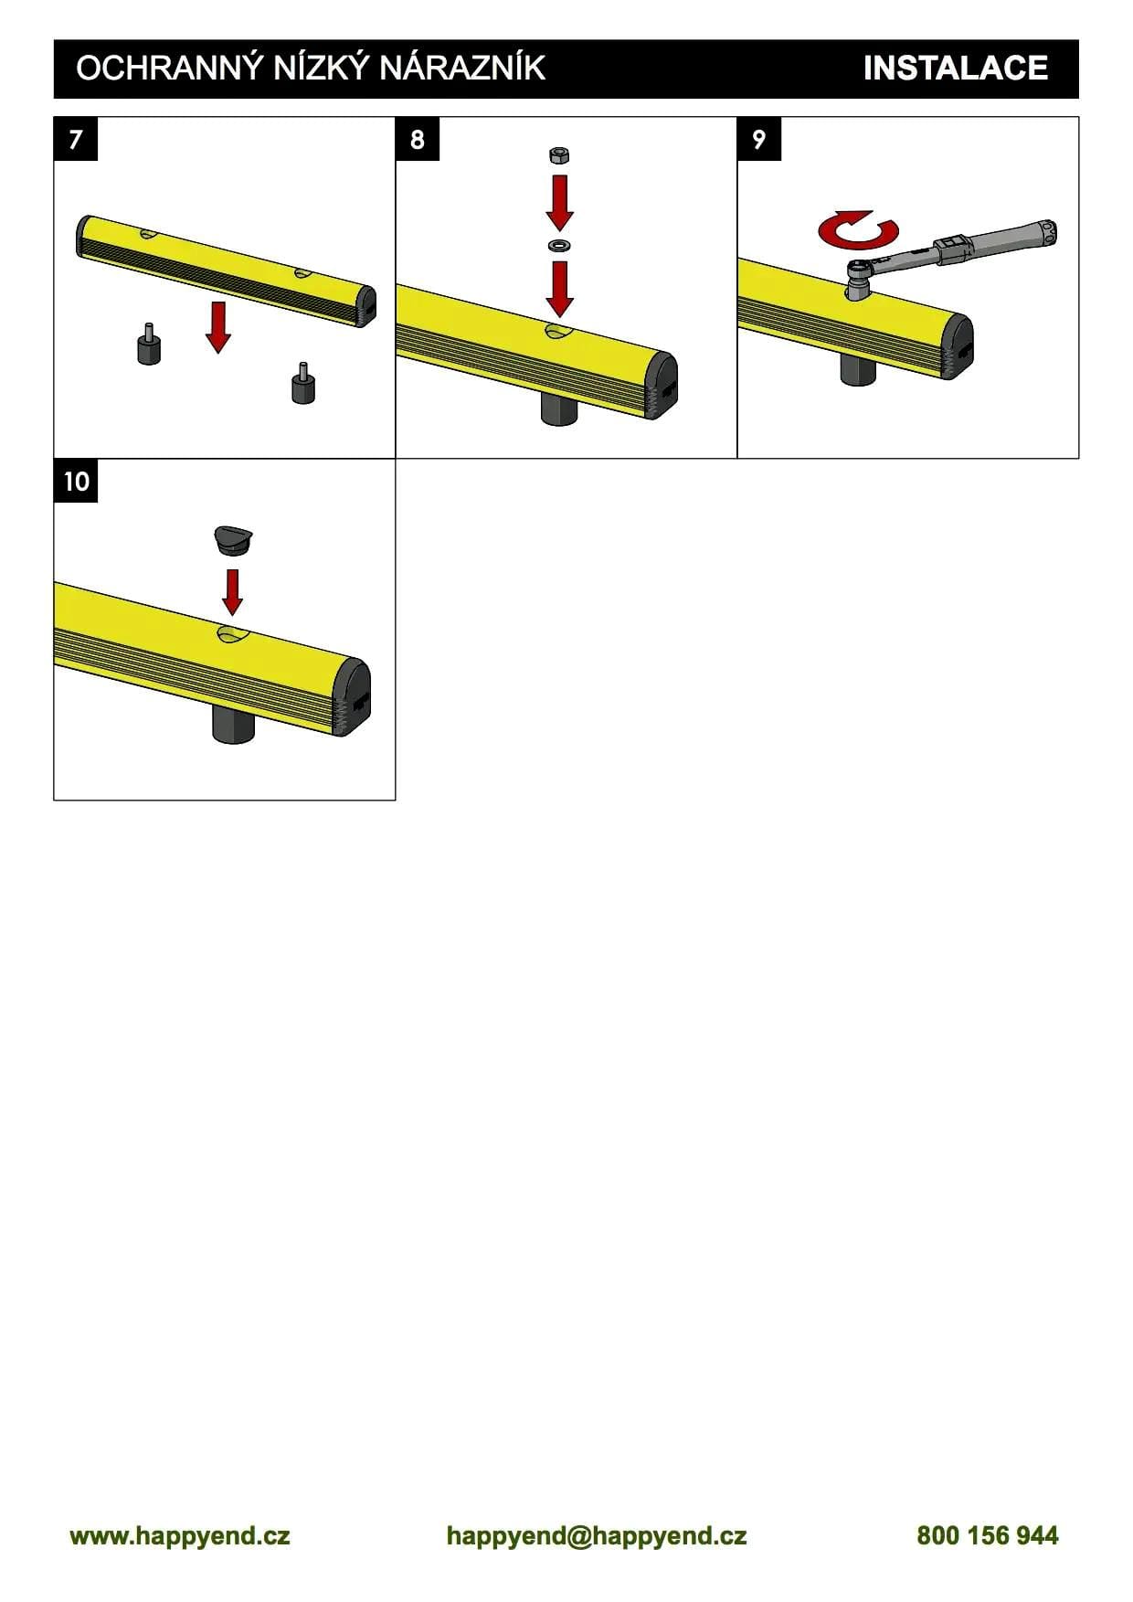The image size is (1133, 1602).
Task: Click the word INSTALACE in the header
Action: pos(955,69)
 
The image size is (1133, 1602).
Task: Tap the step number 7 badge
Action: pos(76,139)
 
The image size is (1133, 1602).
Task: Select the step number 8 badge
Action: pos(418,139)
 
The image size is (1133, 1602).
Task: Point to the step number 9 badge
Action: pos(759,139)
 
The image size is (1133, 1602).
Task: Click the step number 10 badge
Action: pos(76,481)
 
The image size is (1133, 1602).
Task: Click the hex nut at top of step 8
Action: pos(559,154)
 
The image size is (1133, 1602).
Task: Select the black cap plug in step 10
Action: pos(233,540)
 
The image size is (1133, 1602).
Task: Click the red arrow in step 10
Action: pos(233,592)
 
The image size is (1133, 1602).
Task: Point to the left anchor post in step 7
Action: pos(149,345)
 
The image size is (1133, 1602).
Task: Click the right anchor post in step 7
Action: pos(303,384)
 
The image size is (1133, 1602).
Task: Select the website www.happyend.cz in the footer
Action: pos(180,1535)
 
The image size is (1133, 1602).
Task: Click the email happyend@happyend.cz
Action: pos(597,1535)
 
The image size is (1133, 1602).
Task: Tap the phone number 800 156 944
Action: pos(988,1535)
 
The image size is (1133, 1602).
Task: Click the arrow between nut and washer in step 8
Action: pos(559,203)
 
